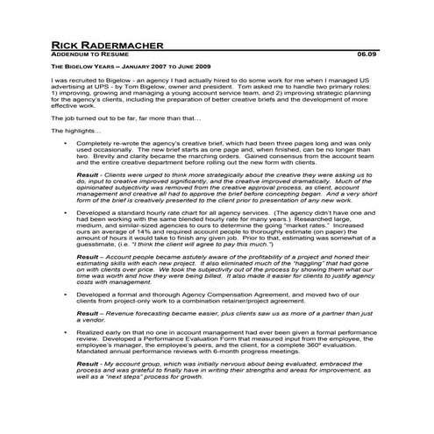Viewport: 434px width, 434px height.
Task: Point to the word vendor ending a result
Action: click(x=93, y=321)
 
